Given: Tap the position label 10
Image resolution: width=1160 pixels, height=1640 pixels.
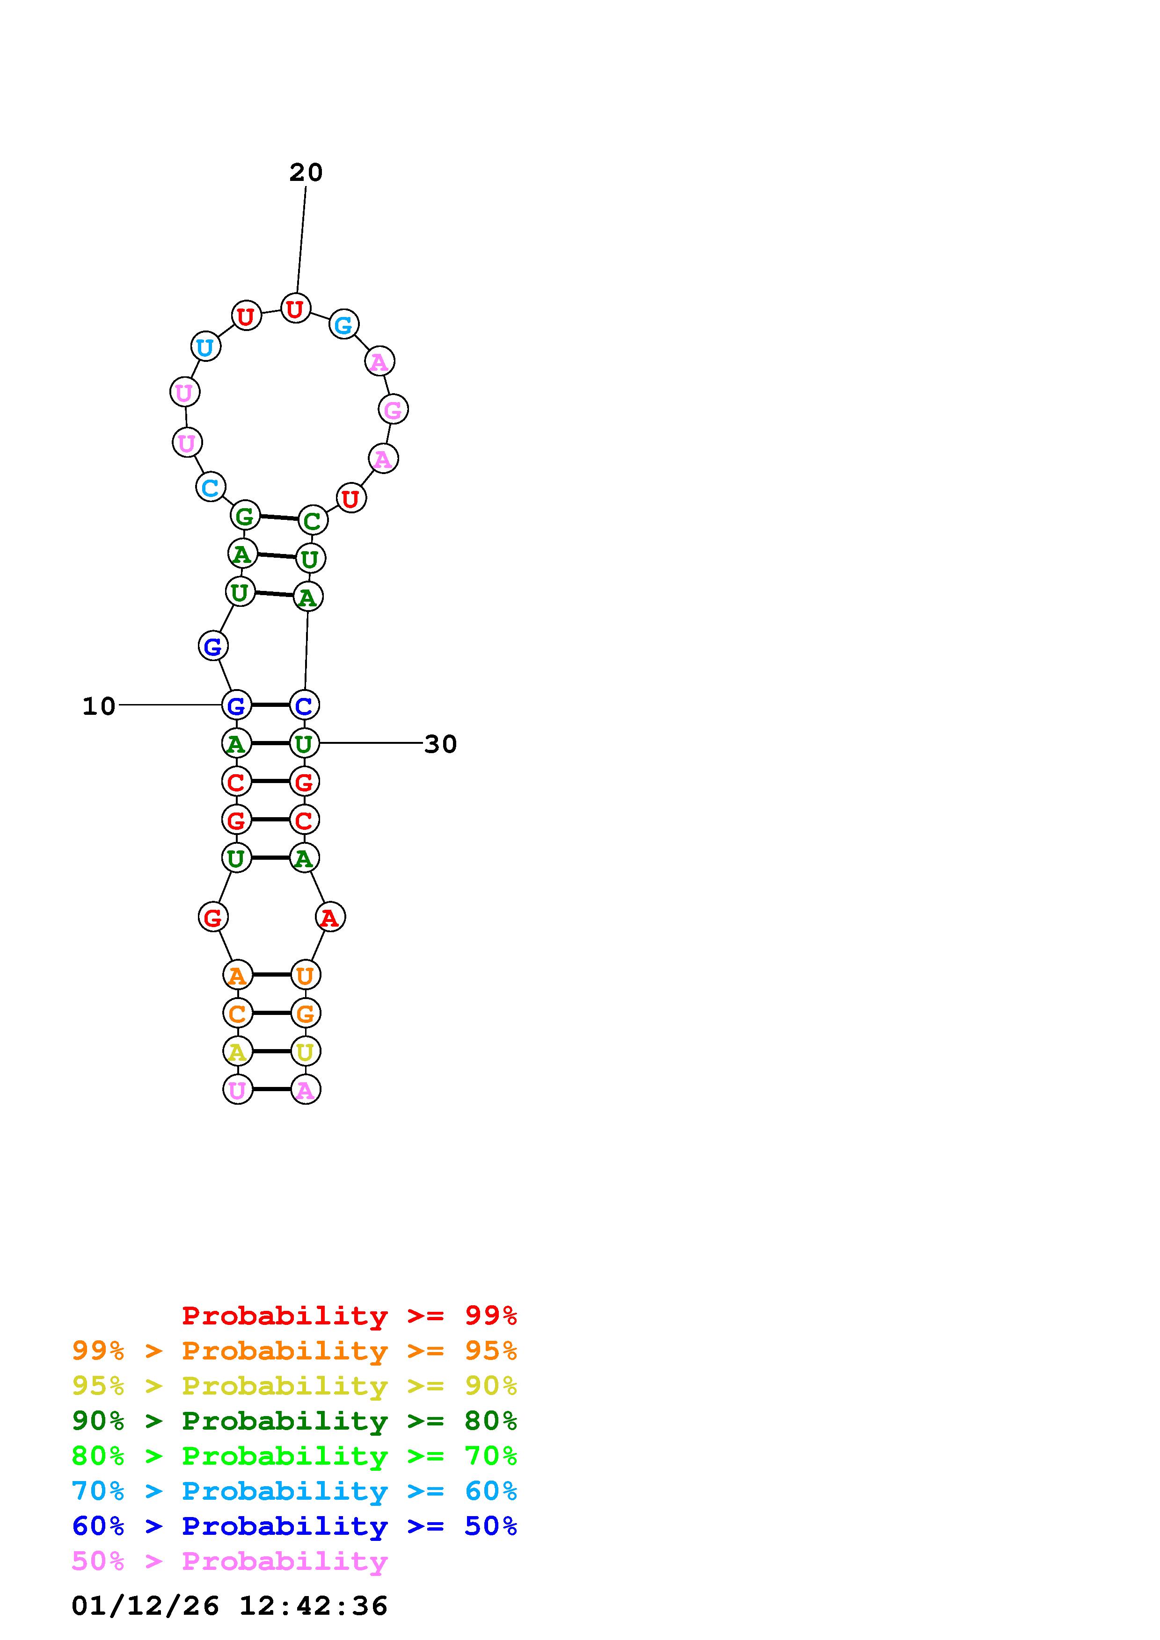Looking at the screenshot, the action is coord(99,706).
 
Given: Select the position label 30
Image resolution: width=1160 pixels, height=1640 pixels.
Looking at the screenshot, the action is coord(440,744).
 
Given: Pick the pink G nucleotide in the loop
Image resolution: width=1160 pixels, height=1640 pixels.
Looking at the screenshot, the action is coord(393,410).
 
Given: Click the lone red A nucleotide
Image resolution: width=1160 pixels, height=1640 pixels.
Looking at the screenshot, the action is coord(329,917).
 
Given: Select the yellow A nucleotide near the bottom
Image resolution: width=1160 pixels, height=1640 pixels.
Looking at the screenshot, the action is coord(237,1051).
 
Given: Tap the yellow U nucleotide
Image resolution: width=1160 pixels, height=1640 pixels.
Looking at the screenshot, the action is coord(305,1051).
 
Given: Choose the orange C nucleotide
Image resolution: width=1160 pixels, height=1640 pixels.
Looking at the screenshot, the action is coord(237,1013).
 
